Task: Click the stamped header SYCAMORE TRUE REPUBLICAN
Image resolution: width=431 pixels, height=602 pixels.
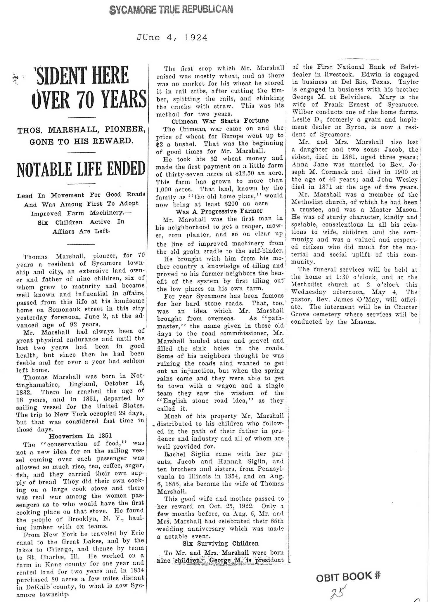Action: pyautogui.click(x=171, y=10)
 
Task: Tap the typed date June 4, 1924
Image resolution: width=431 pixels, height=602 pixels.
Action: pyautogui.click(x=172, y=38)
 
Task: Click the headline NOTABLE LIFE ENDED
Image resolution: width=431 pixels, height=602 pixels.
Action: pyautogui.click(x=81, y=169)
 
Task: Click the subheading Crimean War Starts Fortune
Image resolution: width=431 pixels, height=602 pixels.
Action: pyautogui.click(x=220, y=121)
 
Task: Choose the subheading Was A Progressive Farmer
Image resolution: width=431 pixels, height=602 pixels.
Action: pyautogui.click(x=219, y=211)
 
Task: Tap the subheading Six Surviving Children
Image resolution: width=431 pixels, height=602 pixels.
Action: pyautogui.click(x=220, y=544)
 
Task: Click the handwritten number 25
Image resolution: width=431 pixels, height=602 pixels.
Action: pyautogui.click(x=338, y=591)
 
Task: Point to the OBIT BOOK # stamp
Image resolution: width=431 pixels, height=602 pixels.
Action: pyautogui.click(x=348, y=577)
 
